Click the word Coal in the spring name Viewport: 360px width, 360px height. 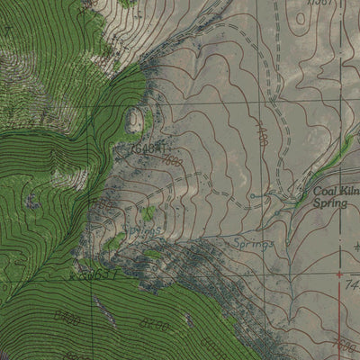coord(325,191)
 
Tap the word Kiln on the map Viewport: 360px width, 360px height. coord(348,191)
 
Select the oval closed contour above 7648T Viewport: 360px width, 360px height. coord(138,118)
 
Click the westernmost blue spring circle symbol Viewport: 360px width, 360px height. coord(253,194)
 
